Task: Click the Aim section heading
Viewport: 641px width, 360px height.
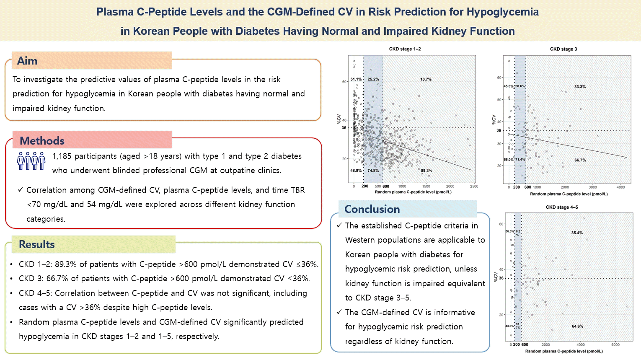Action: point(27,61)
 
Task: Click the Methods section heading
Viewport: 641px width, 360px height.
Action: point(42,140)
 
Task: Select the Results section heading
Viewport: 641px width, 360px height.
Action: point(37,244)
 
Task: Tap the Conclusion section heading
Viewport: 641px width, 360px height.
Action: point(372,209)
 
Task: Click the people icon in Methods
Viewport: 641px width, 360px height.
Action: point(31,161)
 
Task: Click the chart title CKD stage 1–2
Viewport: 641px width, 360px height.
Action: point(405,49)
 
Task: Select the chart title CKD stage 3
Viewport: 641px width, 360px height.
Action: point(563,49)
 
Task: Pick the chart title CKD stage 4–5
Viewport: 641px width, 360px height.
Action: point(561,207)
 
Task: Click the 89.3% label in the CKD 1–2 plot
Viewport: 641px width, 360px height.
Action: point(426,171)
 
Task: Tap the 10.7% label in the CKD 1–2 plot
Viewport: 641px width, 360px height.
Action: point(426,79)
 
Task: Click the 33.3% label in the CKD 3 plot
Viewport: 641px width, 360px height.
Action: point(580,87)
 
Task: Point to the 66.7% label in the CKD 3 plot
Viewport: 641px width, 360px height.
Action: point(580,160)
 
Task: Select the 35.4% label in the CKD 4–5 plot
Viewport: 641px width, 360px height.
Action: point(577,233)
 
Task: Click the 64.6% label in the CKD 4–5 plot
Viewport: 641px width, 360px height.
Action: point(577,326)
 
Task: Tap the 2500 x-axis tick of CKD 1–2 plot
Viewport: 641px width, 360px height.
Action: point(474,186)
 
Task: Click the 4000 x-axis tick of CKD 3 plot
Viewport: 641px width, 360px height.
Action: point(620,187)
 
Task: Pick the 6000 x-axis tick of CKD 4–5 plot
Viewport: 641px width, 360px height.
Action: point(615,344)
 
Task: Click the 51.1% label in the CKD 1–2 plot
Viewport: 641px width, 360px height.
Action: point(356,79)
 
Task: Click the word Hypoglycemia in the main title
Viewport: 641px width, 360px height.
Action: point(502,12)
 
